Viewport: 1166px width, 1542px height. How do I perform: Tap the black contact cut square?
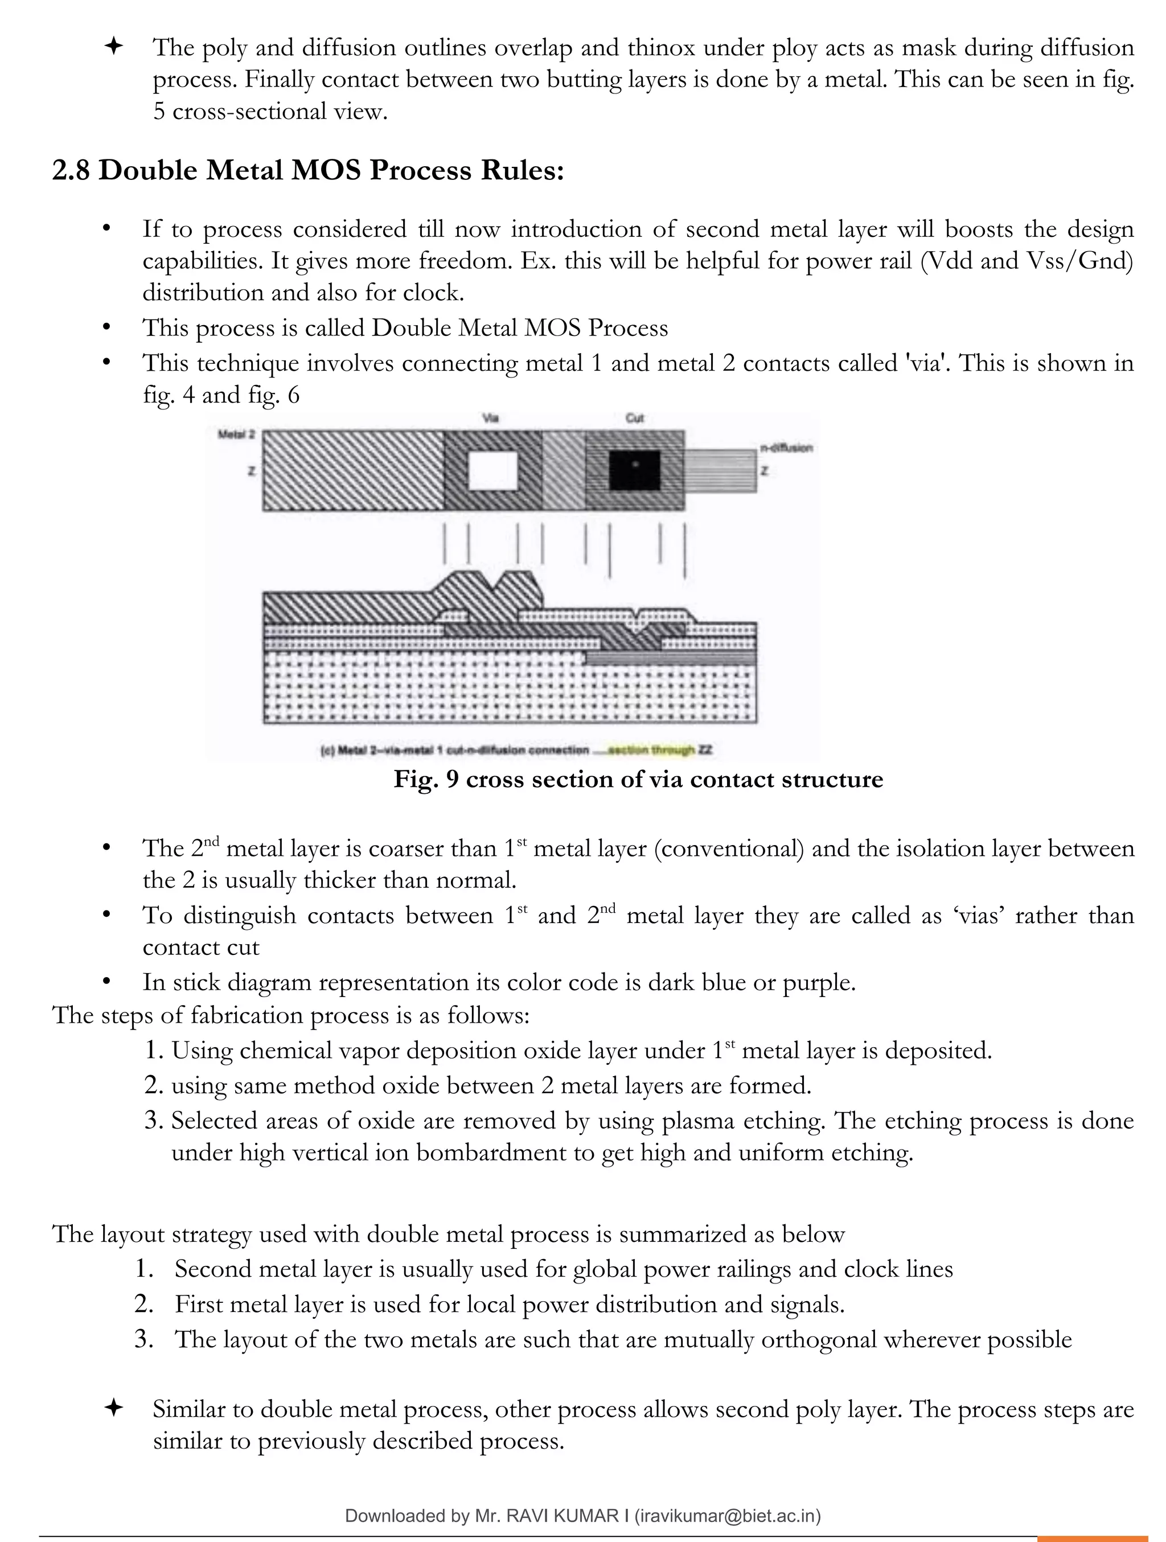click(x=634, y=470)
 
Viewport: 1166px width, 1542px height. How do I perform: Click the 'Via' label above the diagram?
click(x=491, y=419)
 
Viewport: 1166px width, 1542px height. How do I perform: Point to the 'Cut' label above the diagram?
click(x=634, y=419)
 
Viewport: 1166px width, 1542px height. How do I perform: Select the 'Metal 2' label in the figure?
click(x=236, y=434)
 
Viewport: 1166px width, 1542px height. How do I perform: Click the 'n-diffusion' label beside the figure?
click(x=786, y=448)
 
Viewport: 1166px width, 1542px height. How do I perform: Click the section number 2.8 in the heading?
click(x=71, y=170)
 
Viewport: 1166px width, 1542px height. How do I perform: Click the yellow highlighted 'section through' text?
click(x=652, y=750)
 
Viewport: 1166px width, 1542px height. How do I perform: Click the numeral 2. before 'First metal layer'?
click(x=144, y=1303)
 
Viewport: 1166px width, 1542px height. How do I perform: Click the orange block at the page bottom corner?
click(x=1101, y=1538)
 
